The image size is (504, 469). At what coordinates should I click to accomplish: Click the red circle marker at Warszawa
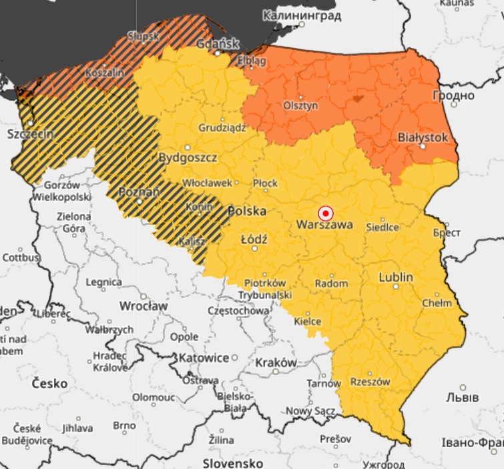(x=325, y=213)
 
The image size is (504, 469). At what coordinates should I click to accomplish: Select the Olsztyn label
(x=300, y=105)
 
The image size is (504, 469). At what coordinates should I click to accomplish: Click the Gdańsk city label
(x=218, y=44)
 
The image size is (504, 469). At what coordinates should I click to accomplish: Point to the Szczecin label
(x=30, y=133)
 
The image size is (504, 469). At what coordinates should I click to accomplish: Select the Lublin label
(x=396, y=277)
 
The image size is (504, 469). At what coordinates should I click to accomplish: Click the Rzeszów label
(x=370, y=382)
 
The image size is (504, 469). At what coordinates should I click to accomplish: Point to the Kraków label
(x=276, y=362)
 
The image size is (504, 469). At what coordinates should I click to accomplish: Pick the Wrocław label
(x=143, y=306)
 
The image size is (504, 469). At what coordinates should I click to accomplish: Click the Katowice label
(x=203, y=358)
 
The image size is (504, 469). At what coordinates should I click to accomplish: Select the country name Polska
(x=247, y=211)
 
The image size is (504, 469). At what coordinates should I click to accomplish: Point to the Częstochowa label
(x=238, y=310)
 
